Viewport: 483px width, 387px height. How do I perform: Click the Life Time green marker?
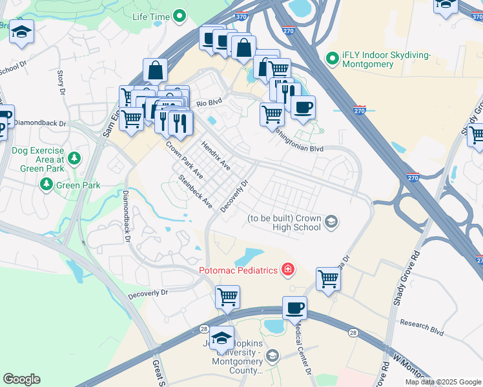pyautogui.click(x=180, y=16)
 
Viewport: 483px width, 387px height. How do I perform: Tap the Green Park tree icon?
pyautogui.click(x=46, y=185)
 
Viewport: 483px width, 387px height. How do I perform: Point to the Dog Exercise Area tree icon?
pyautogui.click(x=74, y=158)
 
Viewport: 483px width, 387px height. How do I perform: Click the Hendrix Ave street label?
pyautogui.click(x=216, y=155)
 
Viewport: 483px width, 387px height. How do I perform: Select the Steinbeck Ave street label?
pyautogui.click(x=196, y=192)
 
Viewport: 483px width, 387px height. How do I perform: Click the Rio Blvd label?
pyautogui.click(x=209, y=103)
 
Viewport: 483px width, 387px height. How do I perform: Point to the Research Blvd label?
pyautogui.click(x=422, y=327)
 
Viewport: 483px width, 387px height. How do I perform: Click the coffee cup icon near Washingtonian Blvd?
pyautogui.click(x=303, y=107)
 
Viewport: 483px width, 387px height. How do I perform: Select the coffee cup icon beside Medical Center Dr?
pyautogui.click(x=294, y=308)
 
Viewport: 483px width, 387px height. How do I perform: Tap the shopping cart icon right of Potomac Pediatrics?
pyautogui.click(x=329, y=279)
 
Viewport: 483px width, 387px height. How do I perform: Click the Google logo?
pyautogui.click(x=21, y=379)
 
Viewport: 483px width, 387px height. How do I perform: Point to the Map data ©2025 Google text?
pyautogui.click(x=443, y=382)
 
